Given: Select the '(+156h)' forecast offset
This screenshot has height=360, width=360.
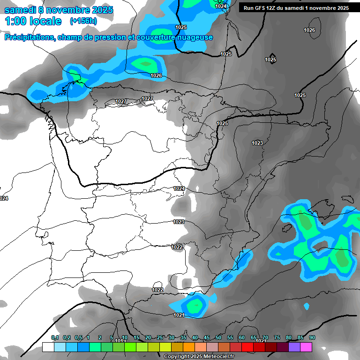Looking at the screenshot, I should [83, 21].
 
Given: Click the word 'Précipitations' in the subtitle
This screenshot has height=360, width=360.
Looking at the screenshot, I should [29, 37].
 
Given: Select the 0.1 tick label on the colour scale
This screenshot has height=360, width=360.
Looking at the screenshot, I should [55, 338].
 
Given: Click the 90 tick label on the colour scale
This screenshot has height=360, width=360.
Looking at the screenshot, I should [312, 338].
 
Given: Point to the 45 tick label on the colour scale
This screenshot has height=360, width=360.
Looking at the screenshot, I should [207, 338].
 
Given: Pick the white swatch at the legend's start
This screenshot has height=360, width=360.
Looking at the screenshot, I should [48, 347].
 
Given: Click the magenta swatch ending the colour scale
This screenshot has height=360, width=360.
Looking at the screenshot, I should [306, 347].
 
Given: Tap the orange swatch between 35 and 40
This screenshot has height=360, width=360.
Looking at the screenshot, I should [188, 347].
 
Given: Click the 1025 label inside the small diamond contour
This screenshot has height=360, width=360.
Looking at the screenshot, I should [270, 60].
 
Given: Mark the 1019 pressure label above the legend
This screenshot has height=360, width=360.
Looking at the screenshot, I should [120, 341].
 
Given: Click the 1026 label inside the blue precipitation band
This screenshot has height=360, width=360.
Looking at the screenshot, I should [156, 75].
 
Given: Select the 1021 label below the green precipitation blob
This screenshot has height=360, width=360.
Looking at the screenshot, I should [179, 315].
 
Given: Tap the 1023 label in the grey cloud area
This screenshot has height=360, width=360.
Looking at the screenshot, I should [257, 143].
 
